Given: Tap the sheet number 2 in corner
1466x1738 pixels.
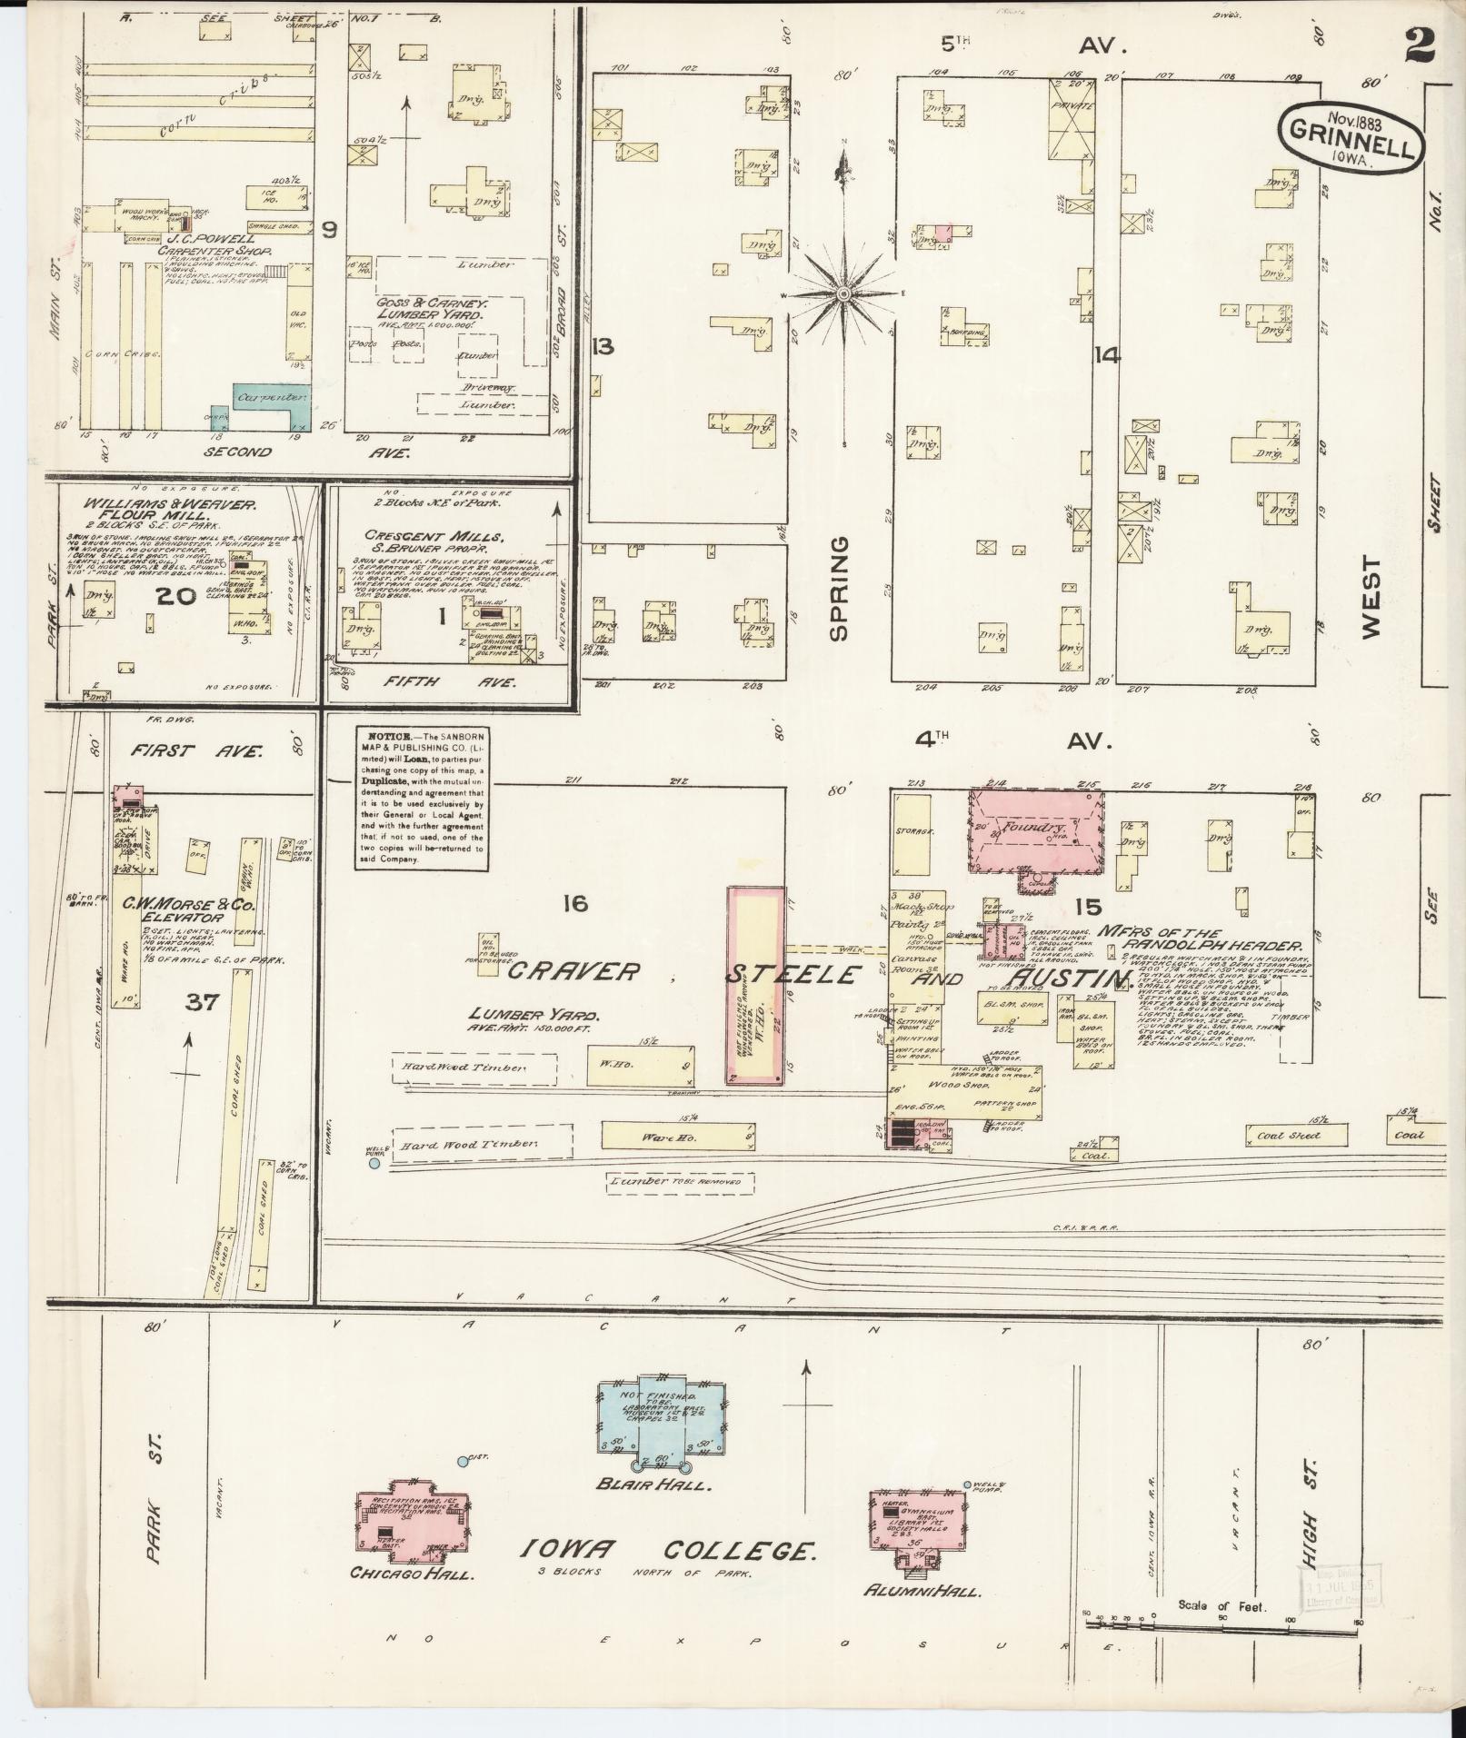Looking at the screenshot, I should [x=1419, y=45].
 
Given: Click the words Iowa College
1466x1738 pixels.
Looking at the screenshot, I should [x=665, y=1550].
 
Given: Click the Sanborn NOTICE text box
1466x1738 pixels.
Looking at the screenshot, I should [x=419, y=797].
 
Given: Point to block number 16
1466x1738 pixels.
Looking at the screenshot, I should [x=575, y=903].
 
